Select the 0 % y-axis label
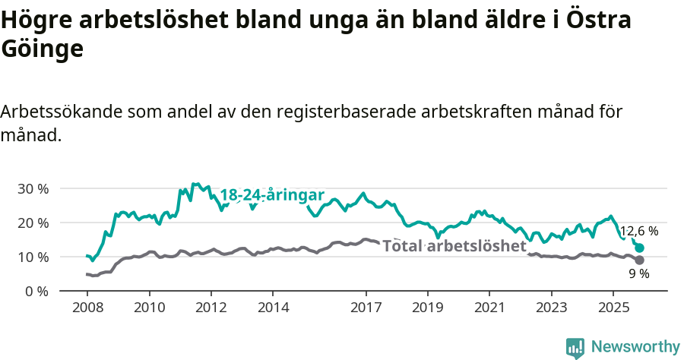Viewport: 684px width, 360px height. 36,292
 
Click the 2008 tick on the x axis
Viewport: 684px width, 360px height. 87,308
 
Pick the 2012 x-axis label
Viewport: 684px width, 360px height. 211,308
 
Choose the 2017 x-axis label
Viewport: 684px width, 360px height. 366,308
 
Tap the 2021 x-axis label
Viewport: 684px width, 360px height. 489,308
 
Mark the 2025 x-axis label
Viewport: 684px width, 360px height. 613,308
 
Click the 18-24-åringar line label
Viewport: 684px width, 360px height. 272,194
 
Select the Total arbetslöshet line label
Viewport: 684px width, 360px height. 454,246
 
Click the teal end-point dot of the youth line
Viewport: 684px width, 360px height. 640,248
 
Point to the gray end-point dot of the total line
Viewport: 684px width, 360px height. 640,260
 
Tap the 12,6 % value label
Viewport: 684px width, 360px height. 639,231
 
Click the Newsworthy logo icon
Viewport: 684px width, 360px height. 575,347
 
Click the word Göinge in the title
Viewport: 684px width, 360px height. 42,49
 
